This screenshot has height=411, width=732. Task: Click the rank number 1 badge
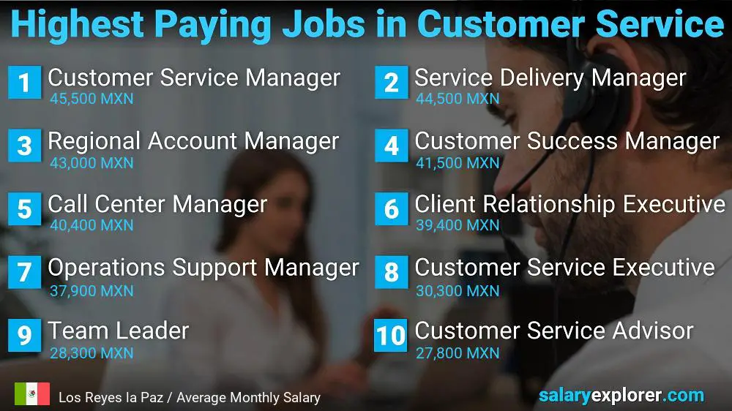pyautogui.click(x=24, y=82)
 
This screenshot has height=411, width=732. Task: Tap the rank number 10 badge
pyautogui.click(x=390, y=335)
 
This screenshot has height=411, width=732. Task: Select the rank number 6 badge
pyautogui.click(x=391, y=208)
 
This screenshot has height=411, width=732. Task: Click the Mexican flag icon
pyautogui.click(x=31, y=394)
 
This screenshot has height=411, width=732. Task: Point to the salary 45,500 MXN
pyautogui.click(x=91, y=99)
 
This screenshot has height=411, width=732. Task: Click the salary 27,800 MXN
pyautogui.click(x=457, y=353)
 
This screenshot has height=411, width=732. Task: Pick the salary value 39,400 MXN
pyautogui.click(x=457, y=226)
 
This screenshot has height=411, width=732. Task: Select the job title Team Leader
pyautogui.click(x=118, y=331)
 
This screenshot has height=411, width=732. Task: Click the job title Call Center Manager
pyautogui.click(x=157, y=205)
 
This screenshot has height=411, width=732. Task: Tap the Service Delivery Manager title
pyautogui.click(x=550, y=78)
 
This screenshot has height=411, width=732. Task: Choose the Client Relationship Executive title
pyautogui.click(x=569, y=205)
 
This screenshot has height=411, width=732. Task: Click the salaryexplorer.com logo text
pyautogui.click(x=621, y=396)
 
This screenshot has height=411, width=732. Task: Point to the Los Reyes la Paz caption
pyautogui.click(x=190, y=398)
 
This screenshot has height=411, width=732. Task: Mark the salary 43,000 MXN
pyautogui.click(x=91, y=162)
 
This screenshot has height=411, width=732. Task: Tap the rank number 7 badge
pyautogui.click(x=24, y=272)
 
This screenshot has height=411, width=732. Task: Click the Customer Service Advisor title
pyautogui.click(x=553, y=331)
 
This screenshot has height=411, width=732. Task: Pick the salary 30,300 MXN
pyautogui.click(x=457, y=290)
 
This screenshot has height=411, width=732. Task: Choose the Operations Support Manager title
pyautogui.click(x=203, y=268)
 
